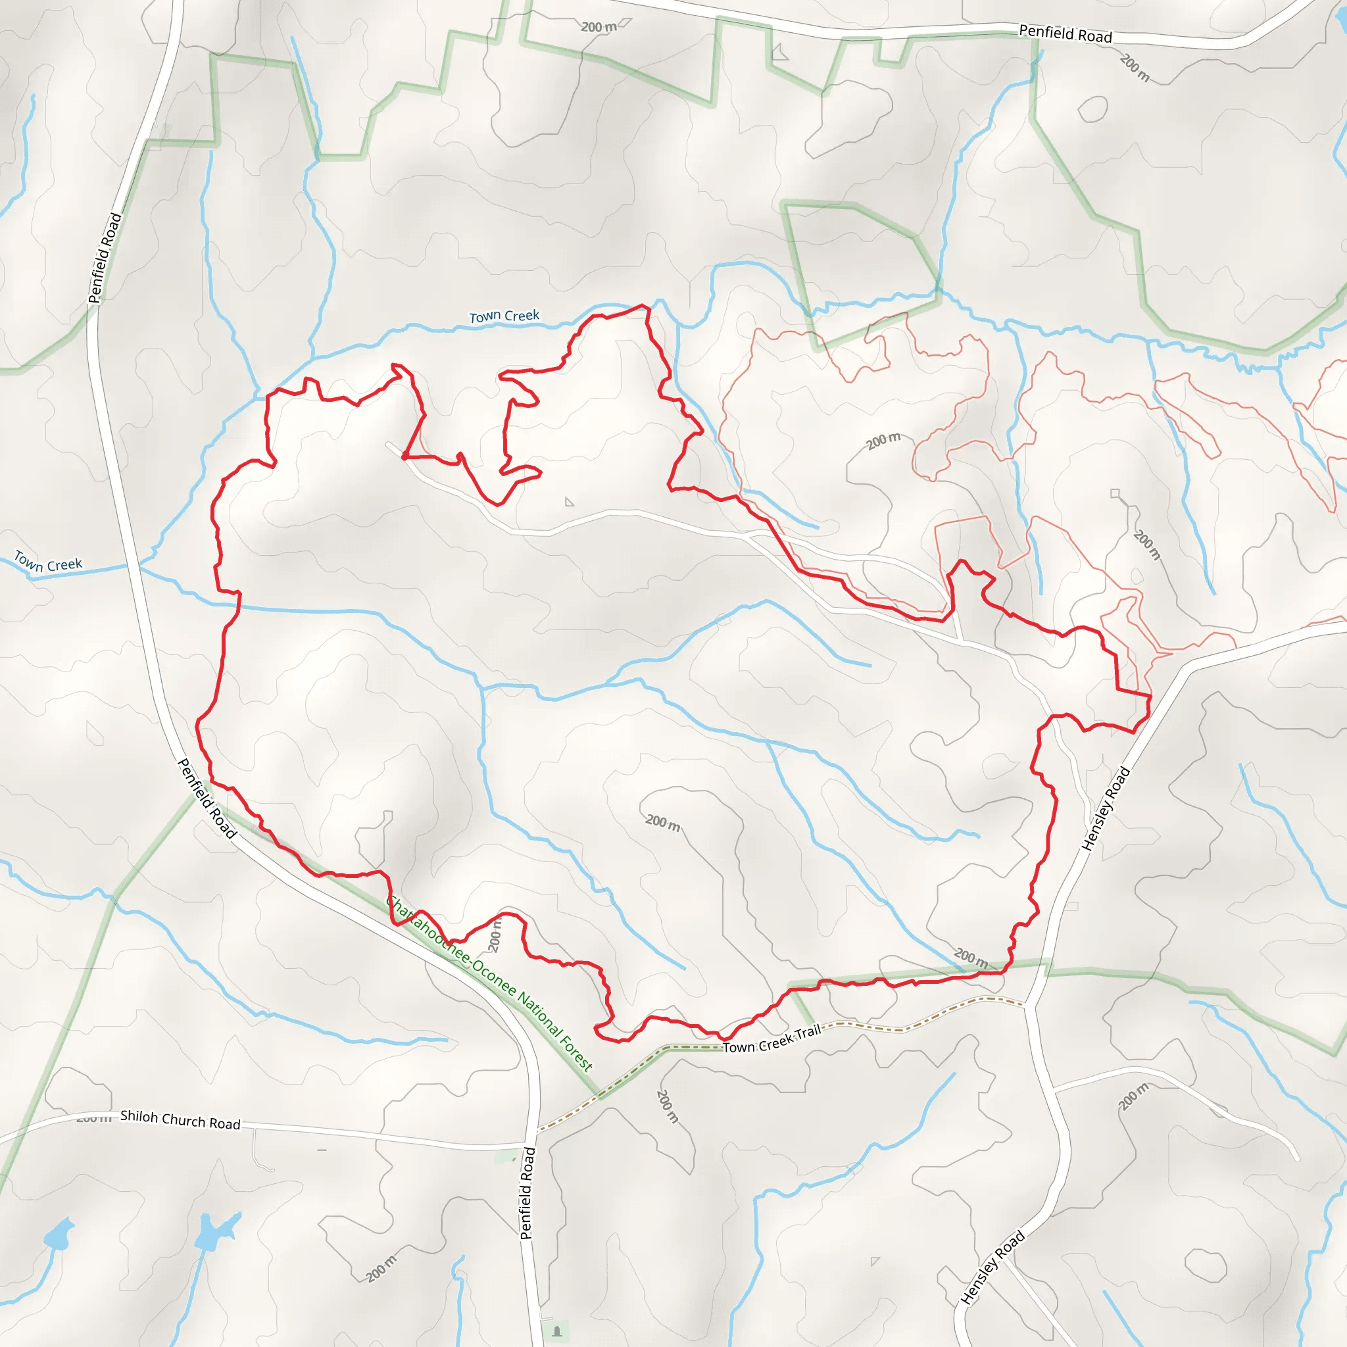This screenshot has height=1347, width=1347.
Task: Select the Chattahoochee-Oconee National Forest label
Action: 489,983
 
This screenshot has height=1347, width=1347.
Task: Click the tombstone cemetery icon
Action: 556,1331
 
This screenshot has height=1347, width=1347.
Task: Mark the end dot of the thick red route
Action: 404,456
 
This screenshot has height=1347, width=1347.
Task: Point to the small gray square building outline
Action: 1115,494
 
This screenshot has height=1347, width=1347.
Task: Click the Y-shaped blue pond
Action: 212,1233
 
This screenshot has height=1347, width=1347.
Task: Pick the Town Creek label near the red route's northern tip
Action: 504,316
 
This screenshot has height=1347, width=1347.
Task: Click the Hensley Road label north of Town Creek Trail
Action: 1105,809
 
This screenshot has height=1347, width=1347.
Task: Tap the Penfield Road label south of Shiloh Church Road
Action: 527,1193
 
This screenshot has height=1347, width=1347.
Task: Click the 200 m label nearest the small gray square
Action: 1147,545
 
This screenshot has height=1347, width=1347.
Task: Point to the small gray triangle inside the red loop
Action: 569,502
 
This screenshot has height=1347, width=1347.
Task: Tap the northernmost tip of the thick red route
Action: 644,305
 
